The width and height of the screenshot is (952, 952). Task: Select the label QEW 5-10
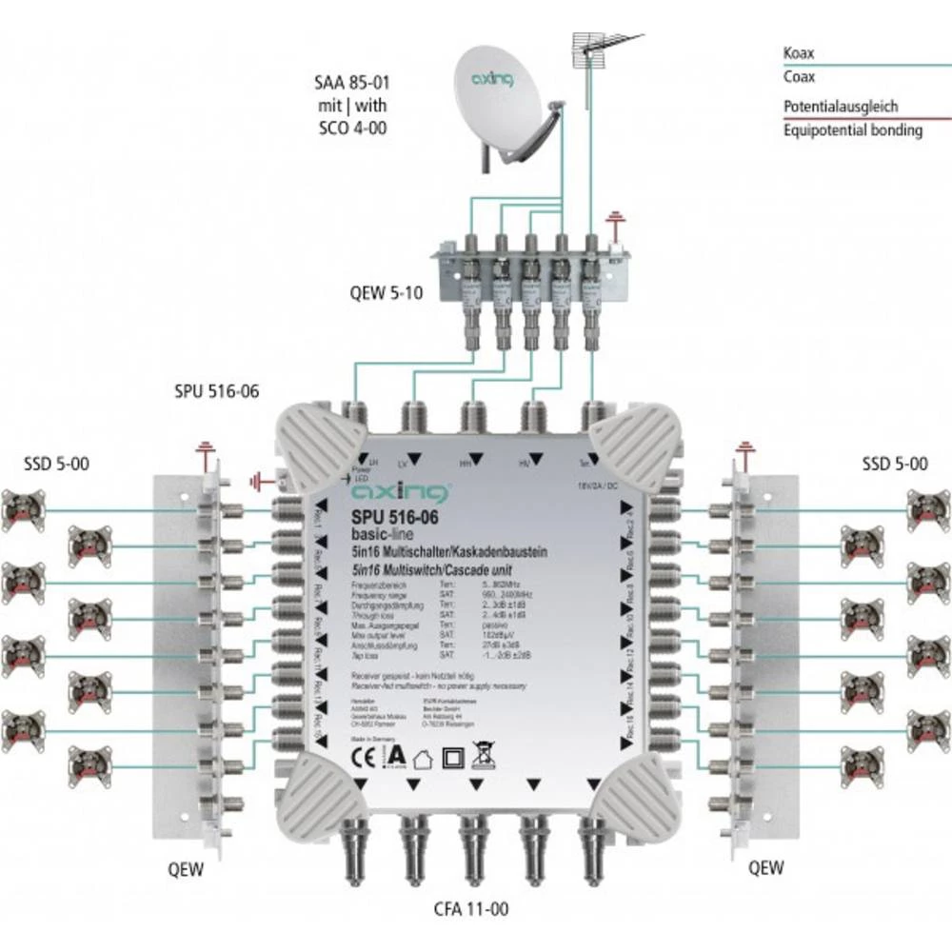[386, 293]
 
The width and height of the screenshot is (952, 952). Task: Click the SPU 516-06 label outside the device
[217, 391]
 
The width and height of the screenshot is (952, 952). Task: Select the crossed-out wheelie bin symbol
[484, 757]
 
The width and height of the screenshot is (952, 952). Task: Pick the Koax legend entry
[799, 55]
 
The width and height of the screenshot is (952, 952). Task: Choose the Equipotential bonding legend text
[852, 130]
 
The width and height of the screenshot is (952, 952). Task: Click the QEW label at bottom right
[766, 867]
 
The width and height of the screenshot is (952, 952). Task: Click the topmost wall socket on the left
[23, 509]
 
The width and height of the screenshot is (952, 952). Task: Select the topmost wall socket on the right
[927, 509]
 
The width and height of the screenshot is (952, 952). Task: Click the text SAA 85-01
[352, 85]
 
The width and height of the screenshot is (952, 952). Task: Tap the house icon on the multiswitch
[423, 759]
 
